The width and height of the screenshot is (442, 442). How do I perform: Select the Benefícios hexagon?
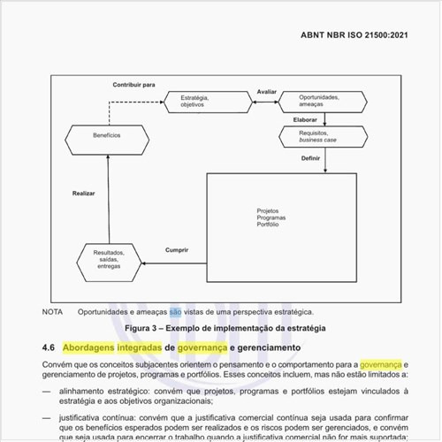(107, 135)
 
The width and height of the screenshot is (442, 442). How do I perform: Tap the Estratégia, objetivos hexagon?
(193, 102)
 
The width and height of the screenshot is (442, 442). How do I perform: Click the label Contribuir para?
(133, 85)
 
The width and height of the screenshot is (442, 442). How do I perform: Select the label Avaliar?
(266, 92)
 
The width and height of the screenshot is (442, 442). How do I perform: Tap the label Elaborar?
(305, 119)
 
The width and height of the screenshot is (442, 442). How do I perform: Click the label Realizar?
(84, 194)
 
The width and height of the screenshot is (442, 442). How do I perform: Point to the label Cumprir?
(177, 251)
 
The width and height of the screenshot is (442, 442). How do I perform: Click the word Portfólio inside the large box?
(269, 225)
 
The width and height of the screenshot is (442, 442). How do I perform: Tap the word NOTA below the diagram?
(52, 312)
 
